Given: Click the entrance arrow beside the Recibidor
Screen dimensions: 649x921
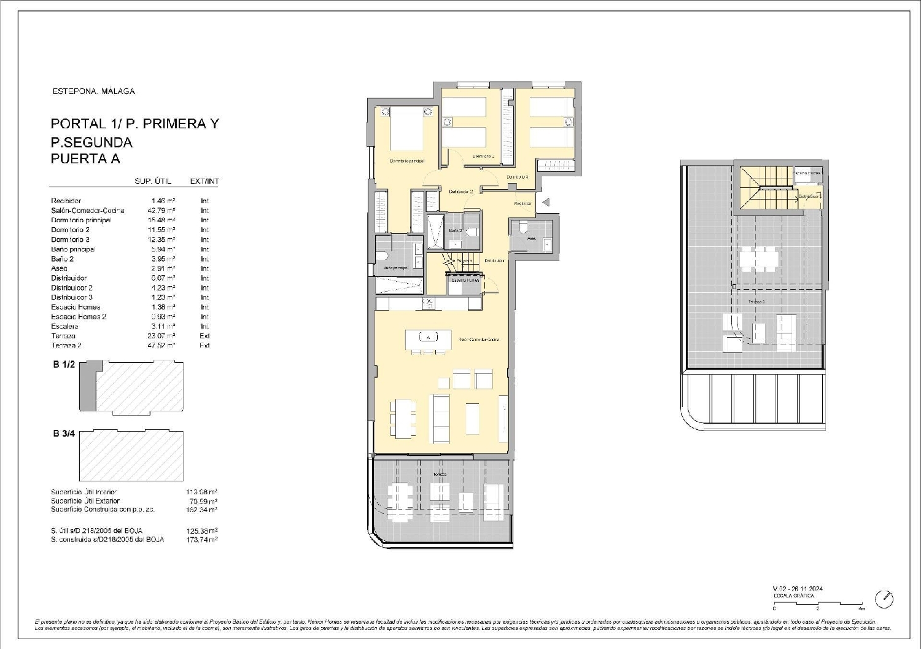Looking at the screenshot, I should (546, 202).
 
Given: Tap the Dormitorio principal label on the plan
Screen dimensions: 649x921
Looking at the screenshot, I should (407, 161).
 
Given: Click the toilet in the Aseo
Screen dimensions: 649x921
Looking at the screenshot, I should (523, 229).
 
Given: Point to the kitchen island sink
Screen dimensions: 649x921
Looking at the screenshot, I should (428, 337).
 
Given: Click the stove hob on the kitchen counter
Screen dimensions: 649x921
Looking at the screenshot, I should (429, 303).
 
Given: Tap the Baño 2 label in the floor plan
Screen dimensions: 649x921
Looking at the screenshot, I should (455, 231).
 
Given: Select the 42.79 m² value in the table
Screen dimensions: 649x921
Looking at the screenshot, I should (163, 211).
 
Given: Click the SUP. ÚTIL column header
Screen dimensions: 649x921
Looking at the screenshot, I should (153, 182).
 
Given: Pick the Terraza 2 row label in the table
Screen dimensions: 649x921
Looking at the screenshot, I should (66, 346).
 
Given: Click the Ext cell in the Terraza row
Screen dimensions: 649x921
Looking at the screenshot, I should (204, 336).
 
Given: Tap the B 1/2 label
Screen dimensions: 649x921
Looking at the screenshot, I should (64, 365).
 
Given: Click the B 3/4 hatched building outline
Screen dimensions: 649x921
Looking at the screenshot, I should (131, 455).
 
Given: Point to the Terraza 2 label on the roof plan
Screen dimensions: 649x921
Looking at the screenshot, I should (756, 302).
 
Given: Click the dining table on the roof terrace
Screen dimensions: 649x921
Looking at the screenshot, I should (758, 259).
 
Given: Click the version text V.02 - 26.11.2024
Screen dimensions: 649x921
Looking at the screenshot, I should (798, 589).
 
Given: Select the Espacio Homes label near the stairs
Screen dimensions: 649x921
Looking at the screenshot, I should (465, 280).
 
